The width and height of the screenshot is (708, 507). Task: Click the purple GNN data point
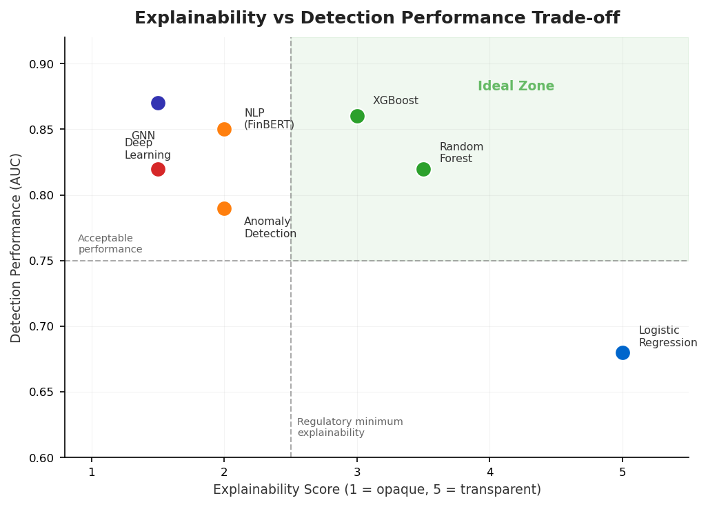tap(158, 103)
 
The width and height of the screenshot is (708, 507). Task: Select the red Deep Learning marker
tap(158, 169)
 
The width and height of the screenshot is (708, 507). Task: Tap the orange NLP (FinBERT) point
tap(224, 129)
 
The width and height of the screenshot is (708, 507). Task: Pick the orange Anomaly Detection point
tap(224, 208)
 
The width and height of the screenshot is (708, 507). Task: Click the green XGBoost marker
tap(357, 116)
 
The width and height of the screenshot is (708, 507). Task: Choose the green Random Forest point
tap(423, 169)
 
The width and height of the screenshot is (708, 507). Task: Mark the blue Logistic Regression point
tap(623, 352)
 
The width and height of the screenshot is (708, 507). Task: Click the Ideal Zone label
tap(516, 86)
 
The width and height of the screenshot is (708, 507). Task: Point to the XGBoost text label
tap(396, 101)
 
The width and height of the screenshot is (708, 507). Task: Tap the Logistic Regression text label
tap(667, 337)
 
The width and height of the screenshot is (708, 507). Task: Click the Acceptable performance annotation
tap(110, 243)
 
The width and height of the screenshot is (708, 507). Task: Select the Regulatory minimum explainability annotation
tap(350, 427)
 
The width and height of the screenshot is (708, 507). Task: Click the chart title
tap(376, 19)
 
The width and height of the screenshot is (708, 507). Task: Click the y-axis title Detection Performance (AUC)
tap(17, 248)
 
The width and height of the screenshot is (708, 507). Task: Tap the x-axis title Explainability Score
tap(376, 490)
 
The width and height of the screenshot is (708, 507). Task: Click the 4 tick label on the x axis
tap(489, 473)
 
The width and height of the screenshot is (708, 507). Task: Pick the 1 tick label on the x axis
tap(92, 473)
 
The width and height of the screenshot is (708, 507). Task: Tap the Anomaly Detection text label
tap(270, 228)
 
